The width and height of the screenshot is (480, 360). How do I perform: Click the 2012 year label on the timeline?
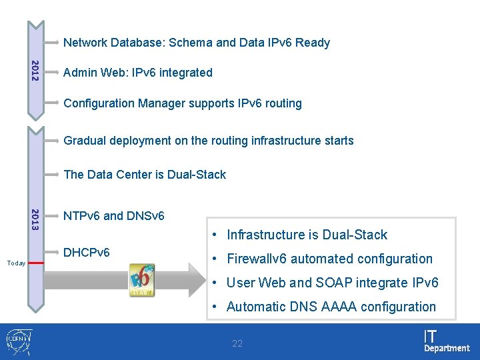point(35,71)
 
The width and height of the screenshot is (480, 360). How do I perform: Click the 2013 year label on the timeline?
point(35,220)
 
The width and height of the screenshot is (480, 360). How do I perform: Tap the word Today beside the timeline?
point(16,263)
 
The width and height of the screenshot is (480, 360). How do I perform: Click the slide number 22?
point(237,344)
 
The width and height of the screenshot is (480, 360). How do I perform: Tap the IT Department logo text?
point(446,341)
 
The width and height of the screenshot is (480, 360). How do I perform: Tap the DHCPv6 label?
point(86,253)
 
